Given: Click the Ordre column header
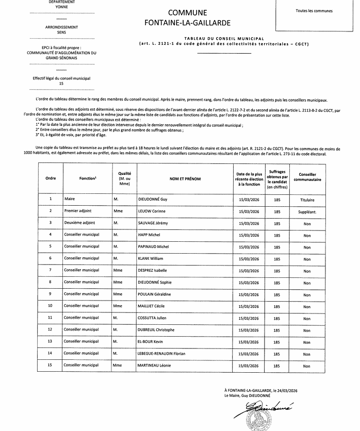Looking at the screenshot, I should pos(51,178).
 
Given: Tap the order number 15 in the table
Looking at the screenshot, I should pos(51,365).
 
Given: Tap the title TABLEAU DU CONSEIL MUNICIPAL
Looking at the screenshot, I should pos(224,39).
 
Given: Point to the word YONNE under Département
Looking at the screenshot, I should pos(61,8).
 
